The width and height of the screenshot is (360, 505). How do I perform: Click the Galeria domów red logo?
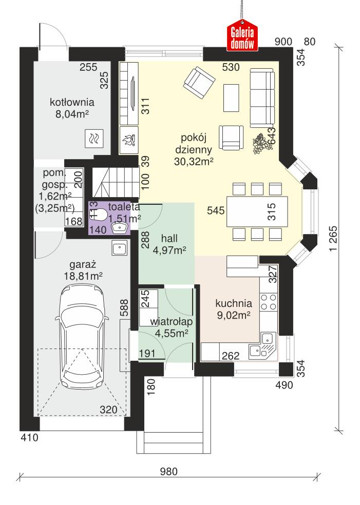click(x=242, y=36)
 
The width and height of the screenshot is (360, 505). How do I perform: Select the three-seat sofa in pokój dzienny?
click(x=262, y=98)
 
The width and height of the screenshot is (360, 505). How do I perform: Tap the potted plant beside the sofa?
click(x=262, y=141)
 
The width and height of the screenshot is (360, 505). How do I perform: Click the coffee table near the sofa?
click(x=232, y=98)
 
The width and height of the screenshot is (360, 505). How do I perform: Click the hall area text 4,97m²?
click(x=169, y=250)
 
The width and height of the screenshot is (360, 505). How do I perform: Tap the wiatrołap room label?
click(x=171, y=322)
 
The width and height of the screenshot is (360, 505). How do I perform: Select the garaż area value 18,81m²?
click(x=86, y=276)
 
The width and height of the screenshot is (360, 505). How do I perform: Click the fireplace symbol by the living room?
click(x=127, y=140)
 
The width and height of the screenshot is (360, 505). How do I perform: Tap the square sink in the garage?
click(x=119, y=249)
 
